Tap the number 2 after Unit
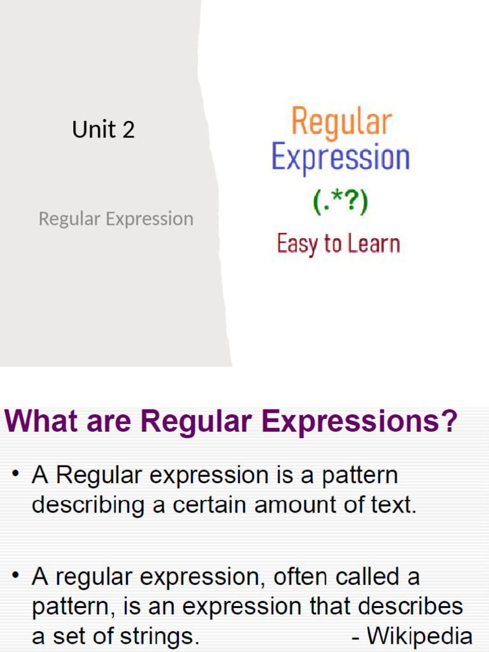[128, 130]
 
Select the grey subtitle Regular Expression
[116, 219]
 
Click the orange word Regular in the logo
[341, 122]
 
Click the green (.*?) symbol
[340, 203]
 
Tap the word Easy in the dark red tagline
[297, 244]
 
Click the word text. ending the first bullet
[393, 506]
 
